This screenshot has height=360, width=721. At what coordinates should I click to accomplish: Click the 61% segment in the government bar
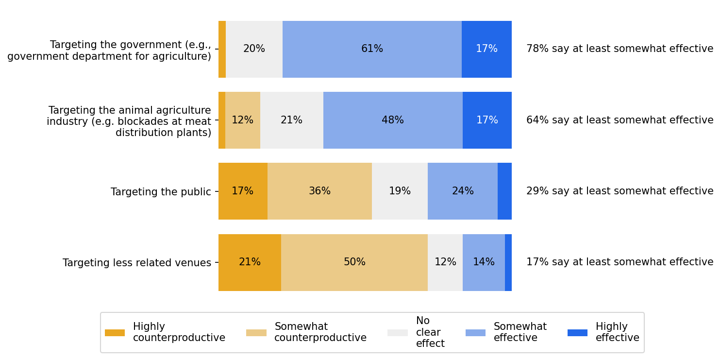372,49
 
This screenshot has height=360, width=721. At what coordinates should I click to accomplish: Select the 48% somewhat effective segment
393,120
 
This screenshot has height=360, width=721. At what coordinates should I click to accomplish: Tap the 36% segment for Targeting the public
319,191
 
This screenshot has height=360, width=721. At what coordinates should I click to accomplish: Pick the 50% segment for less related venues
354,262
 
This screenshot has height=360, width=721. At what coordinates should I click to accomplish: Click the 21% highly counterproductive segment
250,262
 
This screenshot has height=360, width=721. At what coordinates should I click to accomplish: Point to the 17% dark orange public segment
242,191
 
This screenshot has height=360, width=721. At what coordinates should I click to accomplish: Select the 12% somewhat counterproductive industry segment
242,120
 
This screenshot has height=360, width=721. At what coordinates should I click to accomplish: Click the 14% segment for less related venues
484,262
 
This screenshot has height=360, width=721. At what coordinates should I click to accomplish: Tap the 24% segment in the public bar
462,191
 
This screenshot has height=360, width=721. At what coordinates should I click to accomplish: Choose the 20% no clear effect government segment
254,49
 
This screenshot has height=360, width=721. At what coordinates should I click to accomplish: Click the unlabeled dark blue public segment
504,191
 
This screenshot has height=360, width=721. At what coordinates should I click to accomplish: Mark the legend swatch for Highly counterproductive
115,333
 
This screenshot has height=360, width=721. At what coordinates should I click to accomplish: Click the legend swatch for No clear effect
397,333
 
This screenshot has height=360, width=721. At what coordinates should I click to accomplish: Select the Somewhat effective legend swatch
475,333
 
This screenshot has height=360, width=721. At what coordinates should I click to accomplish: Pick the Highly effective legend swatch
577,333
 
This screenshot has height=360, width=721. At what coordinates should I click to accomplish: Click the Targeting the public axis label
161,192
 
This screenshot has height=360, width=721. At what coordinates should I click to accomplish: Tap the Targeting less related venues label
137,263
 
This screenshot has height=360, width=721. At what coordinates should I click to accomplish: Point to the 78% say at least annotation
620,49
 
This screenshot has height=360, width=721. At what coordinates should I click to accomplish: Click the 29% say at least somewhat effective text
620,191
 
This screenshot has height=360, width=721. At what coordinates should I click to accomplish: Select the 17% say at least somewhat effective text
620,262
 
